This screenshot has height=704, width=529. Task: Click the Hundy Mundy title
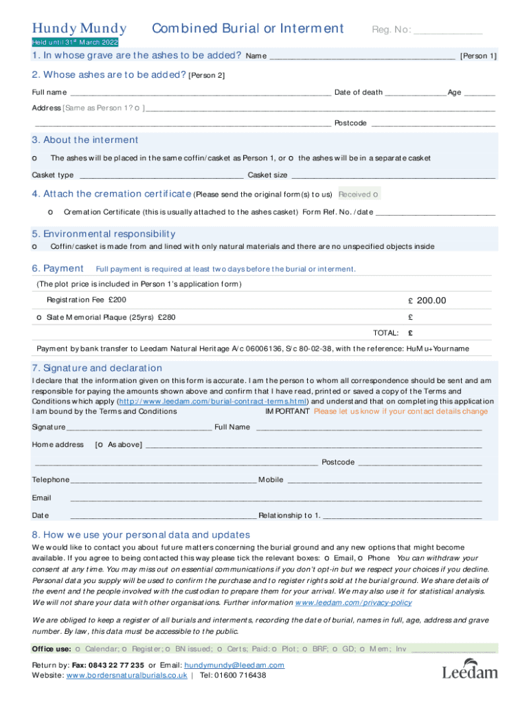pyautogui.click(x=79, y=28)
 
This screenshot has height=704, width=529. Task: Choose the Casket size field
pyautogui.click(x=392, y=175)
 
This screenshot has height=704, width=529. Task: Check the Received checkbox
pyautogui.click(x=375, y=195)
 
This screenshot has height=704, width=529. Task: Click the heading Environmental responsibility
pyautogui.click(x=103, y=234)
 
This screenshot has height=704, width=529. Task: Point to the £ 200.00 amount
pyautogui.click(x=427, y=300)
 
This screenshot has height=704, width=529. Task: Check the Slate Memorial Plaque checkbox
pyautogui.click(x=38, y=318)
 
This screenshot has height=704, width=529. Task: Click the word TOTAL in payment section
pyautogui.click(x=385, y=333)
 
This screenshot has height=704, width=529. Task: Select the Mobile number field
pyautogui.click(x=384, y=479)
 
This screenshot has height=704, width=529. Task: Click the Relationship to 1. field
pyautogui.click(x=402, y=515)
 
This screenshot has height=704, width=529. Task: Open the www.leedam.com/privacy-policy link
pyautogui.click(x=353, y=602)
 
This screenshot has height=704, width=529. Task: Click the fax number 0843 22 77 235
pyautogui.click(x=117, y=665)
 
